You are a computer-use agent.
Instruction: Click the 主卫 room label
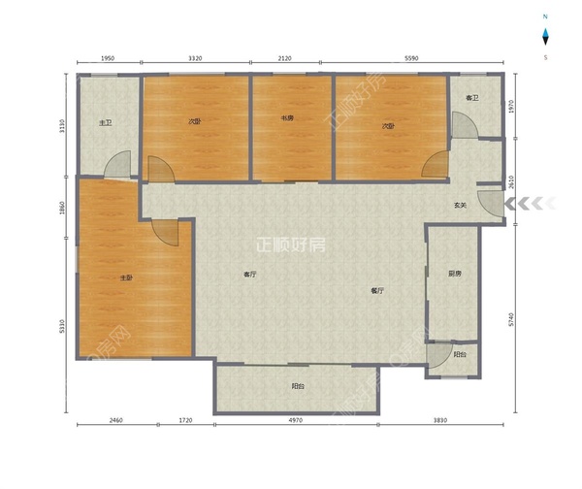click(x=106, y=123)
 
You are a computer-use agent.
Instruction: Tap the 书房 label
click(x=288, y=119)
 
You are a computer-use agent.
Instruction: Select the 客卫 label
click(x=472, y=97)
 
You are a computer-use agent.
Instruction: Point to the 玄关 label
click(x=461, y=205)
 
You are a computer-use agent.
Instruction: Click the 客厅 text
click(x=249, y=275)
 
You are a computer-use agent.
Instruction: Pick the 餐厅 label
click(x=377, y=290)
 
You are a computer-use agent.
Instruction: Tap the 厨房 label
click(x=454, y=274)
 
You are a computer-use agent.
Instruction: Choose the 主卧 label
click(x=126, y=277)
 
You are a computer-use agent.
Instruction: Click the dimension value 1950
click(x=109, y=58)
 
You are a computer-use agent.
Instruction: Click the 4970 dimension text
click(x=296, y=420)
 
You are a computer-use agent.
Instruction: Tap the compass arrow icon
click(x=545, y=37)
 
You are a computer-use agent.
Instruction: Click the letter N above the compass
click(x=545, y=17)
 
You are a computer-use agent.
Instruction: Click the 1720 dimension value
click(x=186, y=420)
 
